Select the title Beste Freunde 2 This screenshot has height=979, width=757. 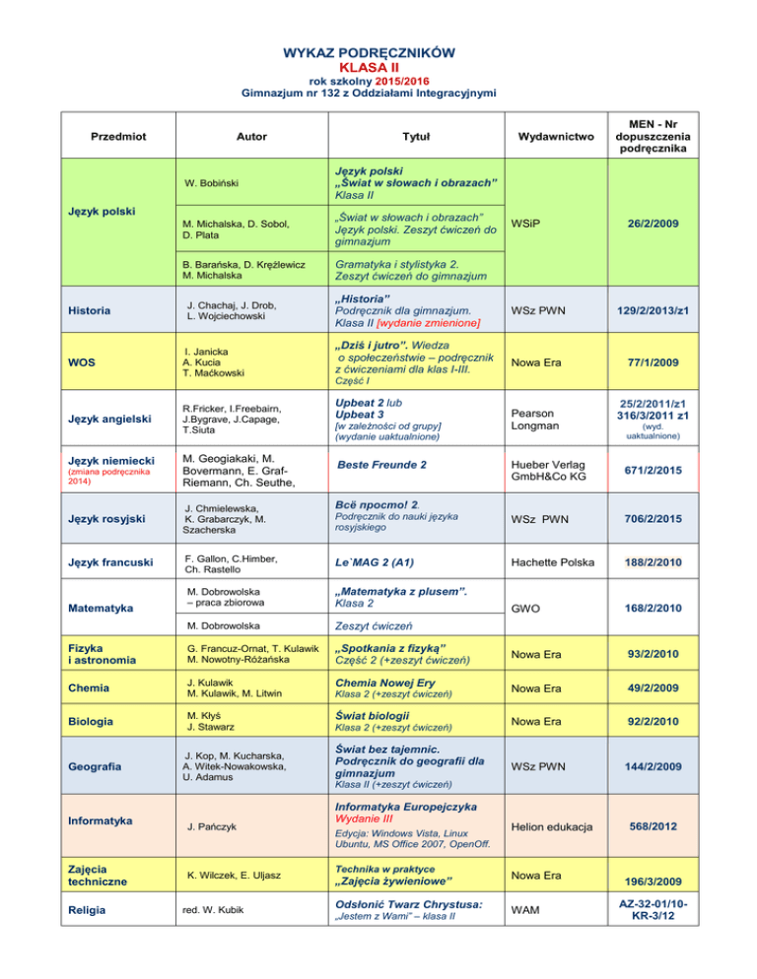click(381, 463)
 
